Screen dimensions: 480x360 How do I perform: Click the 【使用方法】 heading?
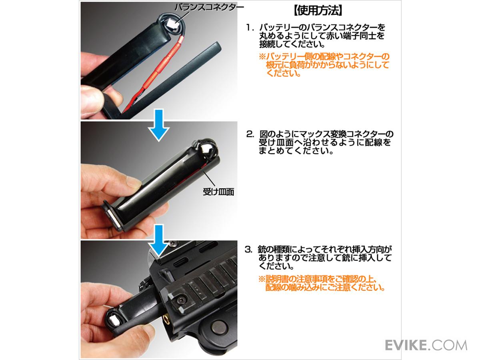point(318,10)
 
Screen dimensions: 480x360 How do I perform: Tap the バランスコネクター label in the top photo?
point(209,8)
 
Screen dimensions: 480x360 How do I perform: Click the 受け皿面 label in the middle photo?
point(218,192)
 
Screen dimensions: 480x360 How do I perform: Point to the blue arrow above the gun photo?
point(159,240)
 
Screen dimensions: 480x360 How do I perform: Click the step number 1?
point(249,28)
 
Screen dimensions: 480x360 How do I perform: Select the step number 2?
point(250,134)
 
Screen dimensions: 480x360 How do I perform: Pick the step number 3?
point(249,250)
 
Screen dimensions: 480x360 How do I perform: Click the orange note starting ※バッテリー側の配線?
point(324,65)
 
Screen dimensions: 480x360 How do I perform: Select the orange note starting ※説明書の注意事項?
point(322,283)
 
